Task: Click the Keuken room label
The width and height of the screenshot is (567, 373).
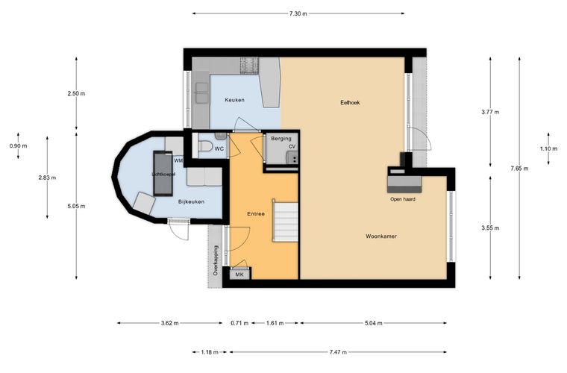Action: (234, 100)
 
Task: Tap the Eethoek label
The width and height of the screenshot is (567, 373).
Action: (350, 103)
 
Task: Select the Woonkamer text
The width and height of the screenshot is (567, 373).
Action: (381, 236)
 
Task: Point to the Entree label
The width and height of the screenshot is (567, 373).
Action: (256, 214)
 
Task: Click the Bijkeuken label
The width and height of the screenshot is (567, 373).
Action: (191, 201)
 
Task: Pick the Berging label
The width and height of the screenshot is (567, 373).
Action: (281, 139)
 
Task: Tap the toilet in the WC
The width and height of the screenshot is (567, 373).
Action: (205, 147)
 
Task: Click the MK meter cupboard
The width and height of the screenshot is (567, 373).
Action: (239, 275)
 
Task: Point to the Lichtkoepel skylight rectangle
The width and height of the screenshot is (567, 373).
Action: (163, 174)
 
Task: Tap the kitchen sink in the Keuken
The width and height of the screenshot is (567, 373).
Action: (201, 93)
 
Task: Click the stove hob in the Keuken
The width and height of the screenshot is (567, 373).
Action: (250, 65)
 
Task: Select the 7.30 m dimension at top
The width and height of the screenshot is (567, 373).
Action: (298, 13)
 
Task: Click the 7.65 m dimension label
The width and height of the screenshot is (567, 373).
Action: (519, 169)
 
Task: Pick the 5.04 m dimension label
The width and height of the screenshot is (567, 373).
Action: (374, 323)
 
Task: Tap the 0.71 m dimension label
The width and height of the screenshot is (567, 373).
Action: (239, 323)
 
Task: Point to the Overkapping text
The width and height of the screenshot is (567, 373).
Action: (216, 260)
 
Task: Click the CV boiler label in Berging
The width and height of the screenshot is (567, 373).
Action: (292, 146)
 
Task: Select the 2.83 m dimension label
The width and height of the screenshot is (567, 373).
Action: (47, 178)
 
